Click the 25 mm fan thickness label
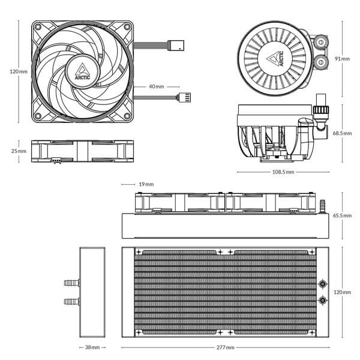click(19, 151)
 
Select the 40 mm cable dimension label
click(156, 86)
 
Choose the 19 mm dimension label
click(146, 184)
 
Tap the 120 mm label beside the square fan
click(19, 71)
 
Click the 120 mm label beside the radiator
click(343, 292)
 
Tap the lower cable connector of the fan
click(184, 97)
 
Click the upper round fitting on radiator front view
click(323, 283)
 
